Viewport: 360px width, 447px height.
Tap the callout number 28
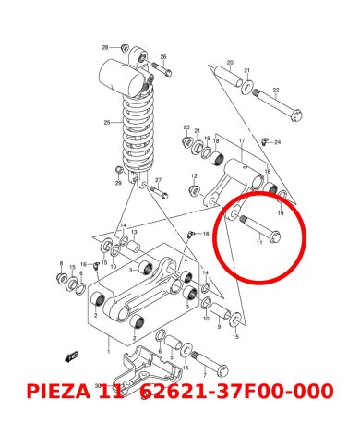point(105,46)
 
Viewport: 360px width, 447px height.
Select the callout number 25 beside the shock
point(106,122)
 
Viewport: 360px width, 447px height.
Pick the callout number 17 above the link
point(241,140)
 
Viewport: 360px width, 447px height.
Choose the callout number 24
point(277,142)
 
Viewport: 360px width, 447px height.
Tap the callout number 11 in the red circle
point(259,243)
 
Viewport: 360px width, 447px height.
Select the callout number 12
point(195,175)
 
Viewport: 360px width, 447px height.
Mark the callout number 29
point(118,184)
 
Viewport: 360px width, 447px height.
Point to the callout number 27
point(158,180)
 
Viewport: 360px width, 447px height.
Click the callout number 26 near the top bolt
point(163,57)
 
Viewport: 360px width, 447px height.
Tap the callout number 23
point(186,127)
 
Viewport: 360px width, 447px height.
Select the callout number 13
point(134,233)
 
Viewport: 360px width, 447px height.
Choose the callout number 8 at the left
point(61,263)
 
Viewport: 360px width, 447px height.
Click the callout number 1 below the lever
point(108,352)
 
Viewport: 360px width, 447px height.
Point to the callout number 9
point(220,325)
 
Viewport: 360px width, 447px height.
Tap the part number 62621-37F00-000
point(236,392)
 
